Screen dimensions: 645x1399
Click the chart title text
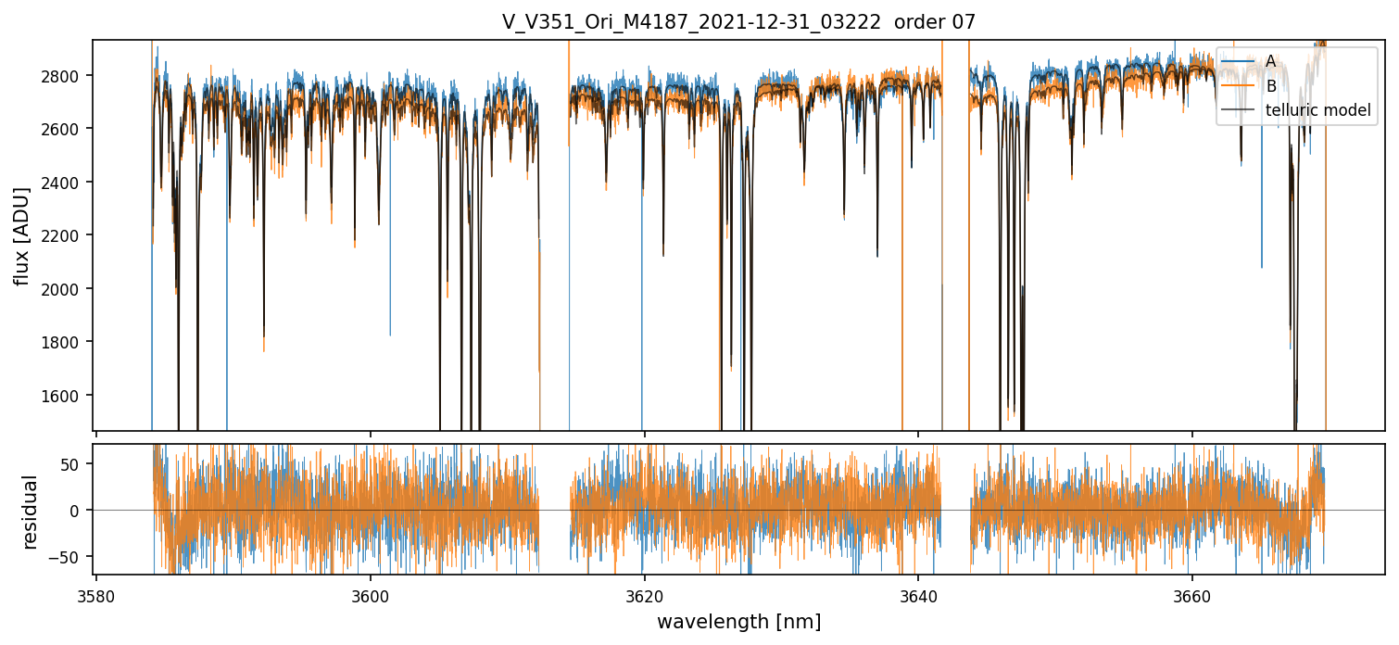[738, 22]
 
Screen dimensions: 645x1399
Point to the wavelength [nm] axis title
[738, 622]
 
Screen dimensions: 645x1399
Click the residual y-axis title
[31, 512]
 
